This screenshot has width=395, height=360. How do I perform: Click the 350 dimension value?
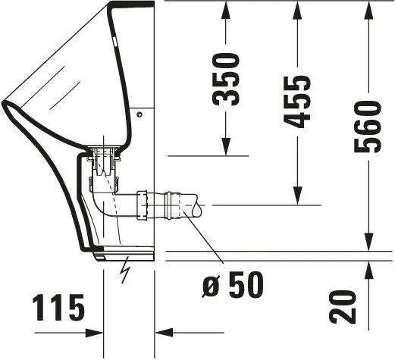point(227,80)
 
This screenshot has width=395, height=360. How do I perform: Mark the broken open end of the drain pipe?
point(196,206)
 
